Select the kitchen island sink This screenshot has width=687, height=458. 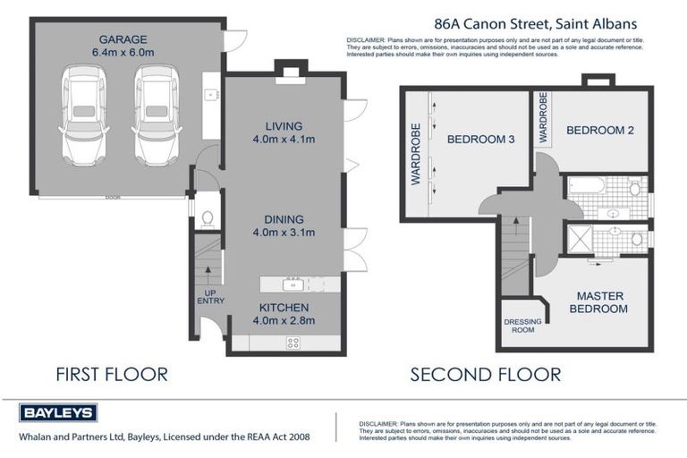pyautogui.click(x=292, y=285)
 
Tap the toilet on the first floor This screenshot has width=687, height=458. pyautogui.click(x=207, y=217)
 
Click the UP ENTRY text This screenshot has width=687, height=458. pyautogui.click(x=210, y=296)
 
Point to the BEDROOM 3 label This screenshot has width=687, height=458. pyautogui.click(x=480, y=139)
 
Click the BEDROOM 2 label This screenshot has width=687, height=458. pyautogui.click(x=600, y=131)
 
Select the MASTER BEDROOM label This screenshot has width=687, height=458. pyautogui.click(x=599, y=302)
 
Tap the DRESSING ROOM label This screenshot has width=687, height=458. pyautogui.click(x=520, y=326)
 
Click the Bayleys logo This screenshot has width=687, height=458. pyautogui.click(x=58, y=412)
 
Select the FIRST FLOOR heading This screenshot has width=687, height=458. pyautogui.click(x=112, y=374)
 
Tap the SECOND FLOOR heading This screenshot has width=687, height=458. pyautogui.click(x=486, y=374)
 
